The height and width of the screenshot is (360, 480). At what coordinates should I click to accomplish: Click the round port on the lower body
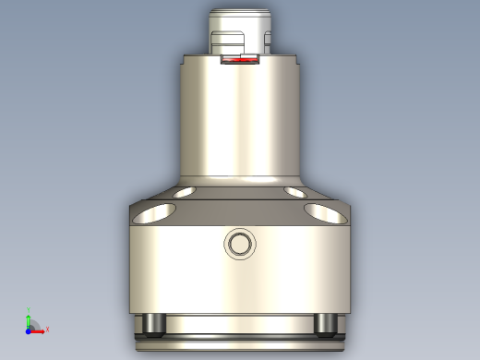point(240,245)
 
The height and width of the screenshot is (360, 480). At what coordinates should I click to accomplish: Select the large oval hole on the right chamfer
point(325,213)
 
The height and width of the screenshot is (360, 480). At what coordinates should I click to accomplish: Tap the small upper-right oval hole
point(296,192)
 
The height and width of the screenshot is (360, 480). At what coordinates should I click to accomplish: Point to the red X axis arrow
point(40,329)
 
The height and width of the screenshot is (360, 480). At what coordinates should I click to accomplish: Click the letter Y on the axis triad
point(29,312)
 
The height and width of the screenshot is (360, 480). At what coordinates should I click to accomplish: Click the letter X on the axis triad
point(46,329)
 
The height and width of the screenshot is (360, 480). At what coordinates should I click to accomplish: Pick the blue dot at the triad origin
point(29,329)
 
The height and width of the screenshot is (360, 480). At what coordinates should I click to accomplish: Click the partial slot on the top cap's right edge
point(269,42)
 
